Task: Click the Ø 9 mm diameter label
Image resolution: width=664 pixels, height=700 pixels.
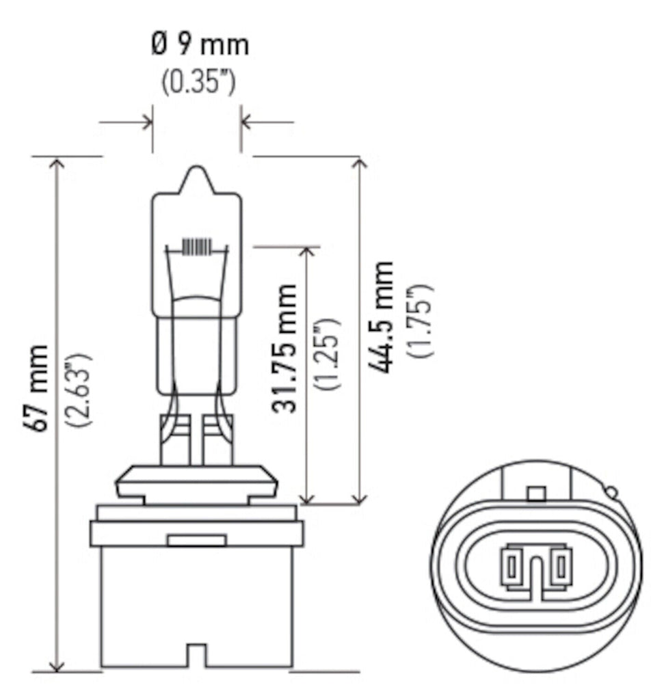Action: [x=199, y=46]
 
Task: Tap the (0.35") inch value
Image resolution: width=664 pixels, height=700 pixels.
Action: [x=198, y=83]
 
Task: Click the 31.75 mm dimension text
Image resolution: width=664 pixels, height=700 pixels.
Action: [x=284, y=348]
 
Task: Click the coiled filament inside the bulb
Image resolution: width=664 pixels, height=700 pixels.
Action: [x=197, y=247]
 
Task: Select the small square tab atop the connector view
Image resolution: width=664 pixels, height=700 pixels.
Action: [x=537, y=494]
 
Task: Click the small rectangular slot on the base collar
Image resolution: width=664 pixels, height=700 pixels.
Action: [x=197, y=541]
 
